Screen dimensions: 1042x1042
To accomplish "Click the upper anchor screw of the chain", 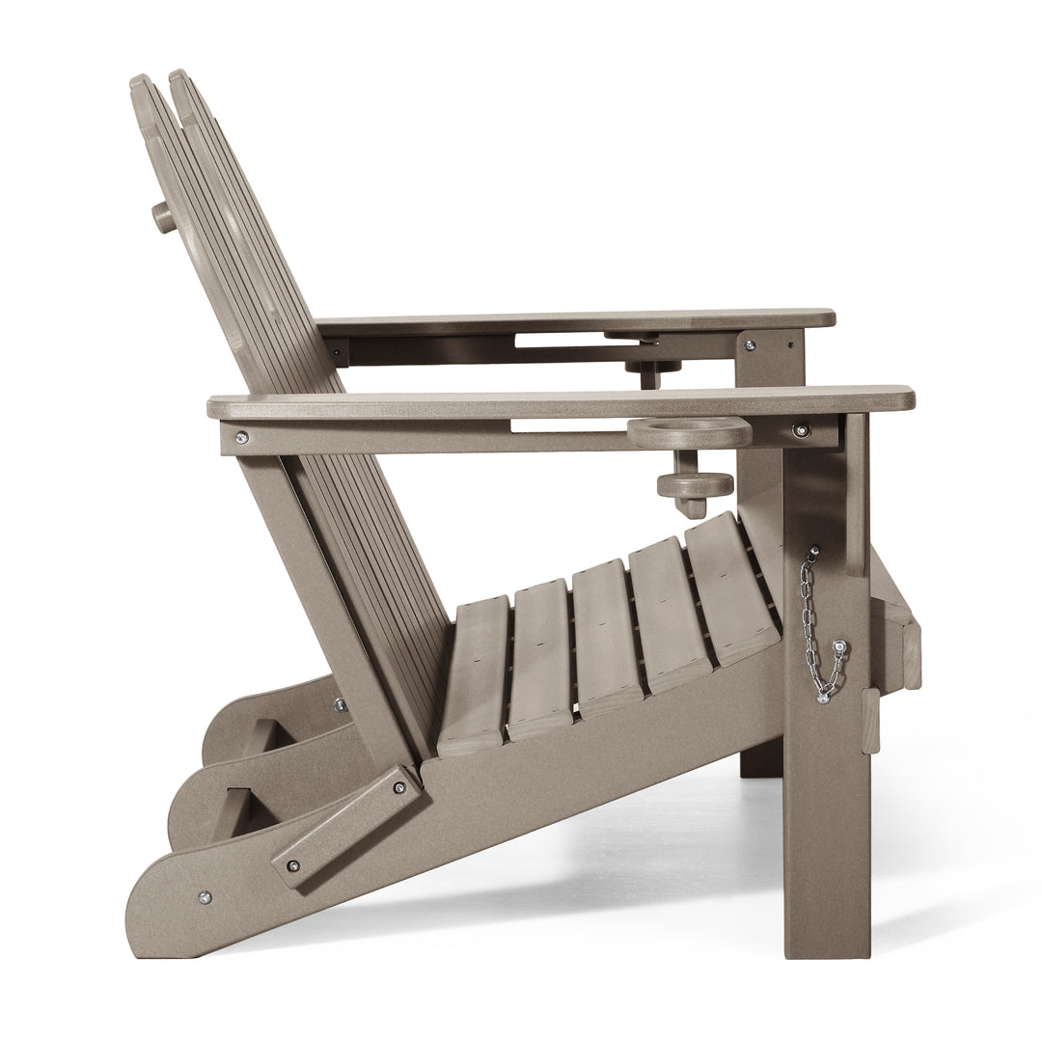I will click(x=813, y=554).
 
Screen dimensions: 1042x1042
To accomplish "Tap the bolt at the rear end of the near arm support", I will click(x=241, y=437).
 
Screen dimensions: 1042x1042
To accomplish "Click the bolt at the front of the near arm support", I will click(x=800, y=429).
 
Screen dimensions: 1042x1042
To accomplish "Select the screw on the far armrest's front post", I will click(x=749, y=344).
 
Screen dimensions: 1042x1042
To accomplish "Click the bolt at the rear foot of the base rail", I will click(x=205, y=897).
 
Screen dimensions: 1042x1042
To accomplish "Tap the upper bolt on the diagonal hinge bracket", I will click(x=398, y=788).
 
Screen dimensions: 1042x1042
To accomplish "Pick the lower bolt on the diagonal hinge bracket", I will click(x=292, y=865).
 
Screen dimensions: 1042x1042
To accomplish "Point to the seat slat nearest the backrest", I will click(x=473, y=675).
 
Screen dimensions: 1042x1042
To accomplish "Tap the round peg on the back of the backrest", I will click(x=162, y=216).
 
